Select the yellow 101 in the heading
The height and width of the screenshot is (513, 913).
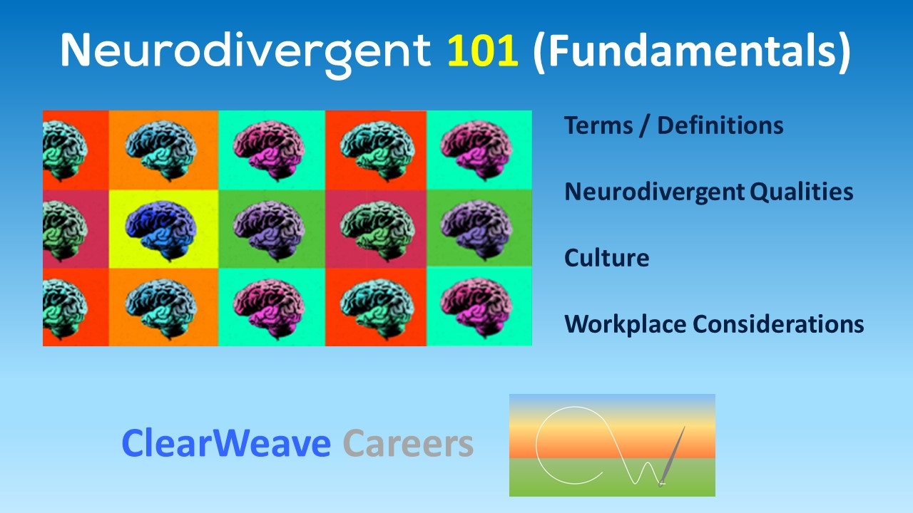pos(483,50)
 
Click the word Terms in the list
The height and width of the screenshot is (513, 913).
pos(598,125)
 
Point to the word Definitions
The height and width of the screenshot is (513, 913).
pos(720,125)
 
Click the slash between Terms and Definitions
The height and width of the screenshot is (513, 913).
pos(645,125)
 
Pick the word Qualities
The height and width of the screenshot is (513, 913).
pos(801,192)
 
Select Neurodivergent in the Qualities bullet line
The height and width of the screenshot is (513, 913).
pos(655,192)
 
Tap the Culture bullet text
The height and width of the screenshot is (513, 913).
pos(606,258)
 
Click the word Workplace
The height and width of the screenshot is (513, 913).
pos(626,325)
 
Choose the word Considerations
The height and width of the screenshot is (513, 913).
pos(778,324)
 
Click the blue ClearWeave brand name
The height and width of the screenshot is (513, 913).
pos(226,443)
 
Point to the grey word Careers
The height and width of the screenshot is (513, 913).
pos(408,443)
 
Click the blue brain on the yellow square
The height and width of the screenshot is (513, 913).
pos(161,230)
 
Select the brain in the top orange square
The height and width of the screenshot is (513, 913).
pos(161,150)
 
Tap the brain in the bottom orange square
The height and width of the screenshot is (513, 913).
pos(161,309)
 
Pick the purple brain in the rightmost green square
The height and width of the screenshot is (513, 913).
pos(476,229)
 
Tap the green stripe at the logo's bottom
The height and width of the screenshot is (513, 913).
pos(612,477)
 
